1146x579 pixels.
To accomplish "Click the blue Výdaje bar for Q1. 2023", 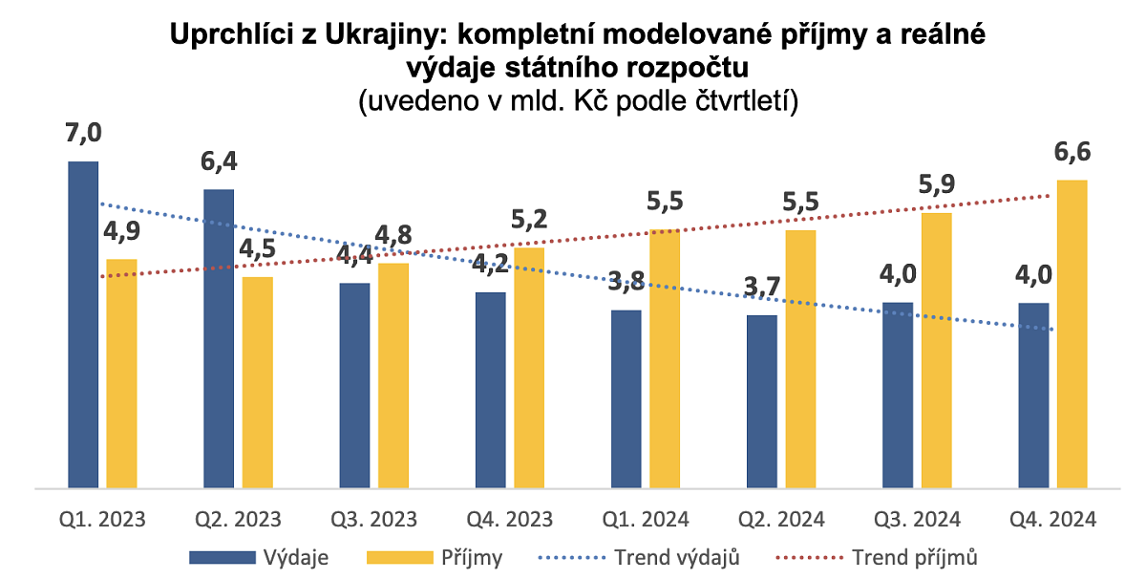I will [83, 325].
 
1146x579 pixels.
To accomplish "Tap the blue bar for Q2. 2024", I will [761, 401].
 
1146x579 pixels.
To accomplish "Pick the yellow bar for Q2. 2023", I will [257, 382].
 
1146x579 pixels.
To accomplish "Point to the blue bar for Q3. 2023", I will [354, 385].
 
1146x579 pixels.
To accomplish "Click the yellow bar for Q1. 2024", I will [665, 359].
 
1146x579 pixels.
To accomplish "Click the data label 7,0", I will [82, 135].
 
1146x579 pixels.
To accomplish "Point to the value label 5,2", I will [529, 223].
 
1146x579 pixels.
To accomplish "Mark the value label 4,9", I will [121, 233].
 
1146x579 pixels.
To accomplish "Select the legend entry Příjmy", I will [472, 557].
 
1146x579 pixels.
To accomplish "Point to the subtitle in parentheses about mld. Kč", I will [577, 99].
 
